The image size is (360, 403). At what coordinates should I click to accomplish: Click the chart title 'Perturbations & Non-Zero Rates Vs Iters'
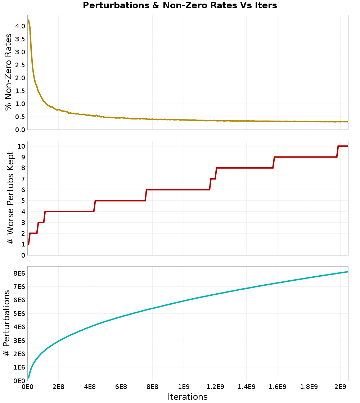tap(180, 5)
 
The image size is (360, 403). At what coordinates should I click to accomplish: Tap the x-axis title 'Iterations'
tap(188, 397)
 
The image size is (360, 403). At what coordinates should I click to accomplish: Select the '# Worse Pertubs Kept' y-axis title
tap(10, 198)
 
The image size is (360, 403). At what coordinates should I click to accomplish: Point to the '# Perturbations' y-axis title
tap(7, 323)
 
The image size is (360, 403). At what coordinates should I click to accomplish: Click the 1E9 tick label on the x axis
tap(184, 387)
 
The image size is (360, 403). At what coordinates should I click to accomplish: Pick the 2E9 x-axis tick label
tap(340, 387)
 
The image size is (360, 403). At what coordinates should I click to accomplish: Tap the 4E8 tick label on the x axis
tap(90, 387)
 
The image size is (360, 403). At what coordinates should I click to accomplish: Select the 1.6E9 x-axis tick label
tap(278, 387)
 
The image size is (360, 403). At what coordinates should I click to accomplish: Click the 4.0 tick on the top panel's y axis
tap(20, 26)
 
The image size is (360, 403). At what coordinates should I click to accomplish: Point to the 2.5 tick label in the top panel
tap(20, 65)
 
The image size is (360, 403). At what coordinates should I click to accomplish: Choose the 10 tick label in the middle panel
tap(21, 146)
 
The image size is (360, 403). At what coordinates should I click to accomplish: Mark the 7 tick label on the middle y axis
tap(23, 179)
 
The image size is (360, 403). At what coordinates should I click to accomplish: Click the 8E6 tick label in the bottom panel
tap(19, 273)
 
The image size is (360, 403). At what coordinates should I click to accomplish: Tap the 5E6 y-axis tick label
tap(19, 313)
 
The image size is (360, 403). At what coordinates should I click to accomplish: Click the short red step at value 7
tap(213, 178)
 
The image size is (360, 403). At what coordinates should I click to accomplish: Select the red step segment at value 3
tap(41, 222)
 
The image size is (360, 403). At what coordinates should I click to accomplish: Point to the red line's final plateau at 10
tap(343, 146)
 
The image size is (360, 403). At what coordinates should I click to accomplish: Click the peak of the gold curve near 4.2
tap(28, 20)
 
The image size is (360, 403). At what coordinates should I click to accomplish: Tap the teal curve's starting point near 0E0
tap(28, 378)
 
